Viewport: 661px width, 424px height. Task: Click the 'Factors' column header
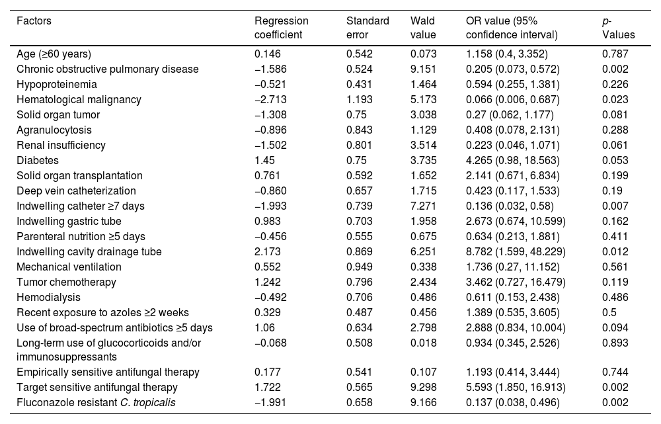[x=34, y=21]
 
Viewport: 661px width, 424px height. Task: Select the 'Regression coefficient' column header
[x=281, y=27]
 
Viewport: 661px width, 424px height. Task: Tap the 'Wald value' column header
[x=423, y=27]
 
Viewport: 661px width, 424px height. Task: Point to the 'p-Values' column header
[x=618, y=27]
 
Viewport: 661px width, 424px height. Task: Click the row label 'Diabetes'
[x=38, y=160]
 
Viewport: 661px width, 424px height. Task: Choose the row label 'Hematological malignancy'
[x=79, y=100]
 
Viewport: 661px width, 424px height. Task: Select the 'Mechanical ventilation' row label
[x=69, y=267]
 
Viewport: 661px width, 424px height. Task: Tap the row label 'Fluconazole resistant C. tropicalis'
[x=96, y=402]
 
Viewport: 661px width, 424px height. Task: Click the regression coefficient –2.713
[x=270, y=100]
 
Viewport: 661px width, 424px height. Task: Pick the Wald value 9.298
[x=423, y=388]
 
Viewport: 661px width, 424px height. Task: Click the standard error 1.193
[x=359, y=100]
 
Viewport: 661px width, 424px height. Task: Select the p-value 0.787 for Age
[x=615, y=54]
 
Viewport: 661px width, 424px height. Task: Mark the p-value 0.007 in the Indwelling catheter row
[x=615, y=206]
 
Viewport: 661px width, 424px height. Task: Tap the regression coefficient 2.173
[x=267, y=251]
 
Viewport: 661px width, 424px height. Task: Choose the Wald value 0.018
[x=423, y=343]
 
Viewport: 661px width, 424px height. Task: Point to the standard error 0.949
[x=359, y=267]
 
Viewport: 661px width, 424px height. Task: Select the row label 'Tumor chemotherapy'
[x=66, y=282]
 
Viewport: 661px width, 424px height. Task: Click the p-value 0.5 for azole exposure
[x=609, y=312]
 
